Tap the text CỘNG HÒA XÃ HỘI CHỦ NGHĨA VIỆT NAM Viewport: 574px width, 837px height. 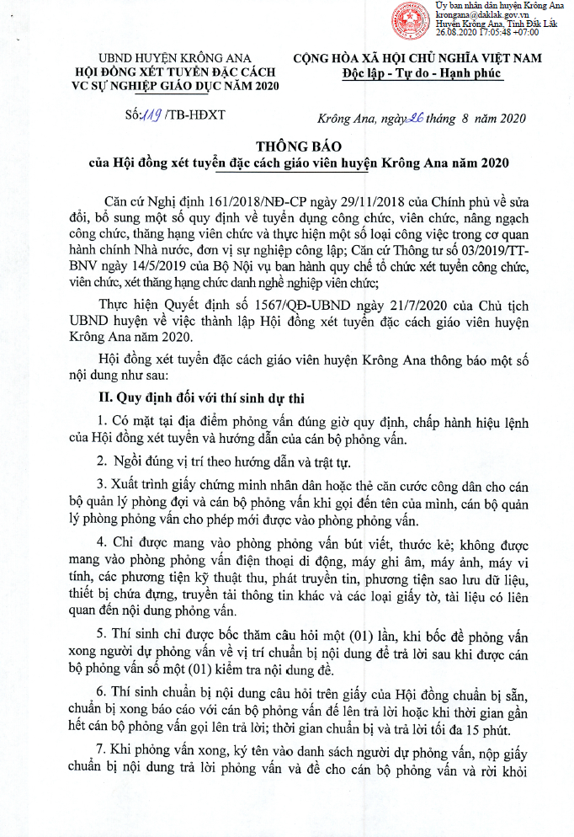coord(417,58)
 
